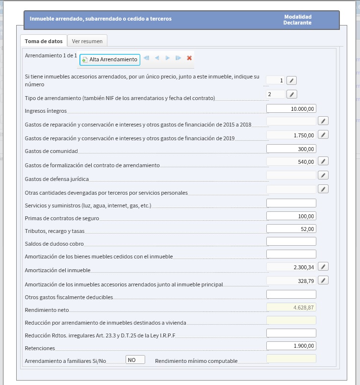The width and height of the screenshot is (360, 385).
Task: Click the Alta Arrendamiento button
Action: (110, 59)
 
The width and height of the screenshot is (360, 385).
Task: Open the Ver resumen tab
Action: (87, 41)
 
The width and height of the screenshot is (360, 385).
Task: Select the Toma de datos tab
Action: (44, 41)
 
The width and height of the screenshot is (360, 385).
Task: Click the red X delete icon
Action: (189, 58)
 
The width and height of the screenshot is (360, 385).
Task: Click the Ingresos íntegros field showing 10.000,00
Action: (291, 108)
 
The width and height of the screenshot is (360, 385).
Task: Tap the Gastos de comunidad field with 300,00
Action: (291, 149)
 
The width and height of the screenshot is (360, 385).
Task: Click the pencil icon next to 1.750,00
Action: (323, 134)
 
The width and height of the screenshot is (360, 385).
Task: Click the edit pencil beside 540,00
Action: (323, 161)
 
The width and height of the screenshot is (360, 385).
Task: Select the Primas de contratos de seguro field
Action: (291, 216)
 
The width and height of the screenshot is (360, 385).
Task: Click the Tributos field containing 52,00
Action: (291, 228)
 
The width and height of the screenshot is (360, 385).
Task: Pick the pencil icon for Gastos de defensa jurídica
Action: (323, 175)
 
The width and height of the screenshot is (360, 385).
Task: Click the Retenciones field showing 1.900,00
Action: (291, 346)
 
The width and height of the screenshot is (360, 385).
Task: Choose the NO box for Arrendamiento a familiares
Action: (135, 360)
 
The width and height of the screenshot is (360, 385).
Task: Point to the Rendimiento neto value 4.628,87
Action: (291, 308)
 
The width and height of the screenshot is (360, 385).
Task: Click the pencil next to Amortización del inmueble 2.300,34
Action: (323, 266)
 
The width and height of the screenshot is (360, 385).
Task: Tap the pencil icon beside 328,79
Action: (323, 280)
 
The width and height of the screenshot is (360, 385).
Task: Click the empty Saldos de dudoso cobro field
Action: (291, 241)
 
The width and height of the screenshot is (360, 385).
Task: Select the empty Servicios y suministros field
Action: (291, 203)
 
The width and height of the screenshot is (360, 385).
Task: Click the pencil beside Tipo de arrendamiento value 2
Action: (292, 94)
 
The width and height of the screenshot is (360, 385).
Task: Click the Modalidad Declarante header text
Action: (297, 20)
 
